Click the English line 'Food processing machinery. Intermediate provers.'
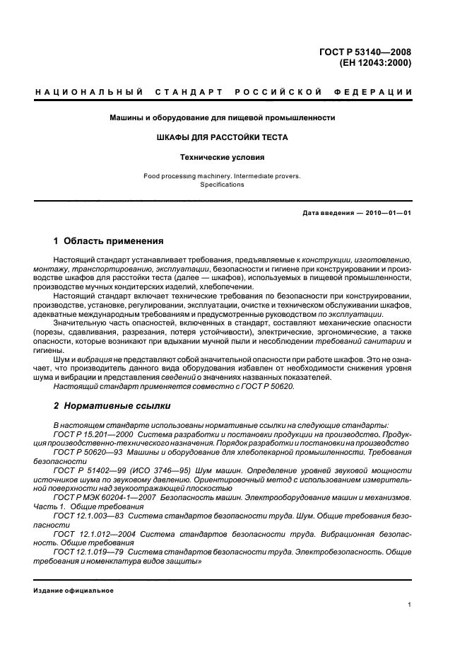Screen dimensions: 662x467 223,175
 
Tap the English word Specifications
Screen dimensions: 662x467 223,185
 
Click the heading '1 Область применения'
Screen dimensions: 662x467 109,241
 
